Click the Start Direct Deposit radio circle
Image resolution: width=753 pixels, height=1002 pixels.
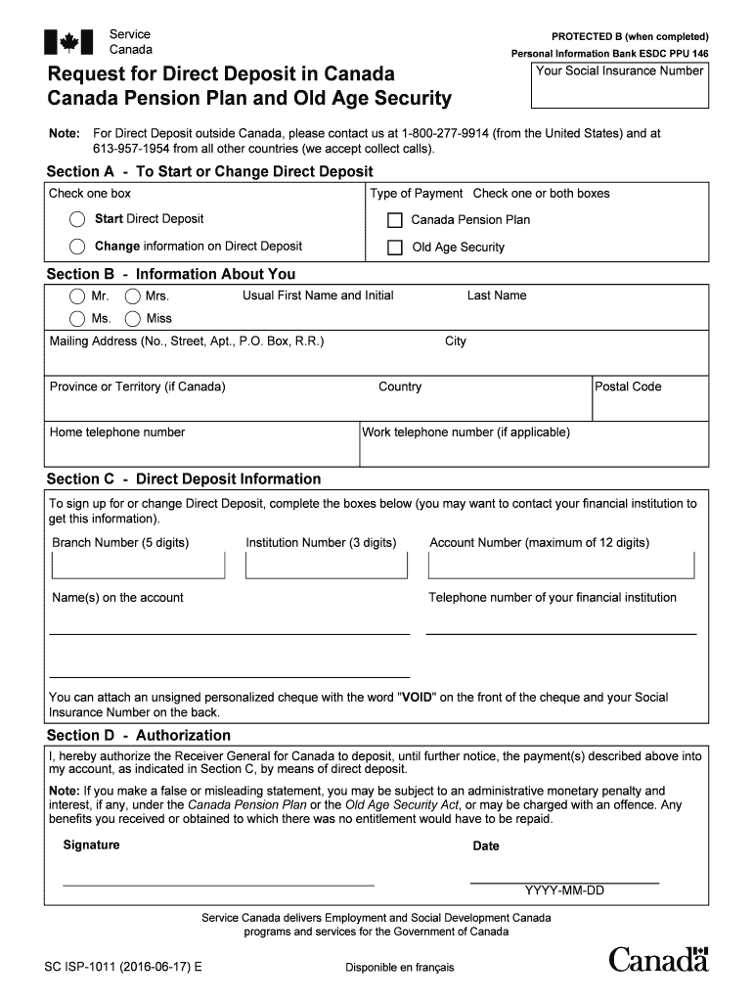coord(77,219)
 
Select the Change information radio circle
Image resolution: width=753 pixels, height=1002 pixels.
coord(77,247)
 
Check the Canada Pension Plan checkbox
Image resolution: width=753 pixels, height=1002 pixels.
coord(395,220)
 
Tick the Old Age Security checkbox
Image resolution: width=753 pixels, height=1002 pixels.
coord(395,248)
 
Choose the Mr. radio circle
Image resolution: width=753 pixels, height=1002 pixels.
coord(77,296)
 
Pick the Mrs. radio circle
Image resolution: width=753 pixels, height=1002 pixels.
coord(132,296)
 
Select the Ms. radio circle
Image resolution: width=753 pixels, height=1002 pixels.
coord(77,319)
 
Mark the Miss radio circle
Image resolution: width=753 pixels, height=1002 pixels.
coord(132,319)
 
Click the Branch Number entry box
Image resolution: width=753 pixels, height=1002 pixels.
coord(138,566)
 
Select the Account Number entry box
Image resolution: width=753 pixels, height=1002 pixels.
coord(561,566)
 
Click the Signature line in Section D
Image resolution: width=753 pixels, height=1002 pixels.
coord(218,878)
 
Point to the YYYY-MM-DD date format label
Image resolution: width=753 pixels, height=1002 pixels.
coord(564,890)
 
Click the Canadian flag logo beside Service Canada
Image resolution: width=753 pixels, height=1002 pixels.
coord(68,42)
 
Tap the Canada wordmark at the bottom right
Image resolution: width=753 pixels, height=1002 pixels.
coord(658,959)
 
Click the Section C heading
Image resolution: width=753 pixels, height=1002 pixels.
coord(184,479)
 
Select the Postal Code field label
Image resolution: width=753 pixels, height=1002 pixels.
coord(628,387)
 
